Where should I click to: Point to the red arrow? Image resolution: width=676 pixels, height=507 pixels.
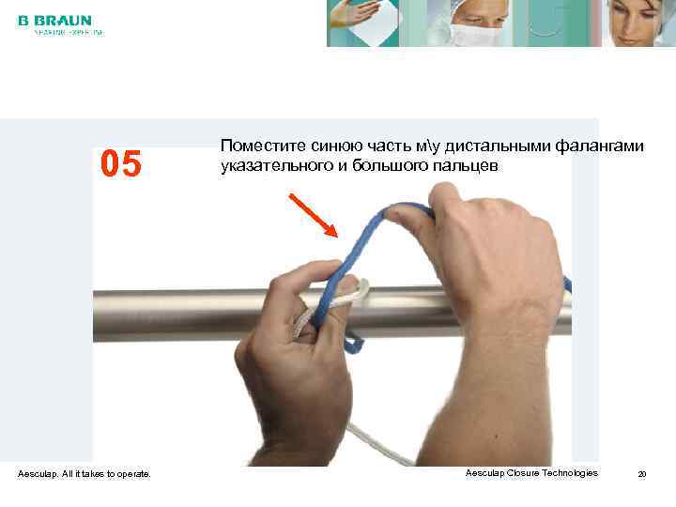click(314, 216)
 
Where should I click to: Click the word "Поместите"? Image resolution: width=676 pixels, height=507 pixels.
click(258, 146)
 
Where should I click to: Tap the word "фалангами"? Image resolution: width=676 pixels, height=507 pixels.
click(600, 146)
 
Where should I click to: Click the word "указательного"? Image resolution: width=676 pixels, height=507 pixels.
click(271, 166)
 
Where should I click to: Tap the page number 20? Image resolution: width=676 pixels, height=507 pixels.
click(642, 474)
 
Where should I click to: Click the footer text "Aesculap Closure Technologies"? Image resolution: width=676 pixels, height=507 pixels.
click(531, 473)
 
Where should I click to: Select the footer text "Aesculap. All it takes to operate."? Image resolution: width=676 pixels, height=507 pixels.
click(84, 474)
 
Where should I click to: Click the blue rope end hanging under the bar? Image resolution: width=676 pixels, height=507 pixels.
click(353, 344)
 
